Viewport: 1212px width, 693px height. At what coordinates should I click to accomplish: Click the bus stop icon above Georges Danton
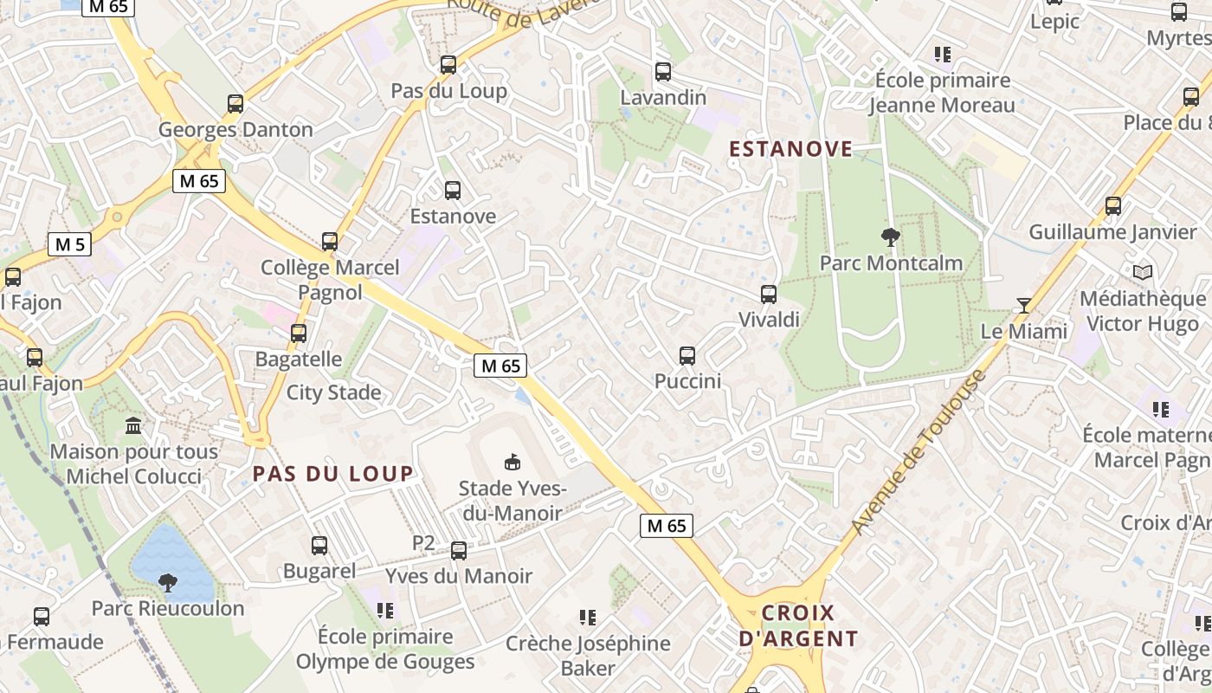pyautogui.click(x=235, y=104)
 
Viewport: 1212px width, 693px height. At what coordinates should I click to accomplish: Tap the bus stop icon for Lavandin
pyautogui.click(x=663, y=72)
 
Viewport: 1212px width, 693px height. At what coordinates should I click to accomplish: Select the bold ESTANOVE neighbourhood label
pyautogui.click(x=791, y=149)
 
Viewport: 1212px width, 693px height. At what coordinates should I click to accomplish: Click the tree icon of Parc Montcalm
pyautogui.click(x=890, y=236)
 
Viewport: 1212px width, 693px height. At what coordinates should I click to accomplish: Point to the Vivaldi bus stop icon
pyautogui.click(x=769, y=294)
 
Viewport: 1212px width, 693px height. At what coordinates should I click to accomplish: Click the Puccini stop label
pyautogui.click(x=687, y=381)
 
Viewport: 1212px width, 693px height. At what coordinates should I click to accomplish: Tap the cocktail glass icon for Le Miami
pyautogui.click(x=1024, y=305)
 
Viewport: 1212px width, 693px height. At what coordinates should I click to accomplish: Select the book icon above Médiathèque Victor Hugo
pyautogui.click(x=1143, y=272)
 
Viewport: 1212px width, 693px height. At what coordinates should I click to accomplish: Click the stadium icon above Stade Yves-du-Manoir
pyautogui.click(x=513, y=462)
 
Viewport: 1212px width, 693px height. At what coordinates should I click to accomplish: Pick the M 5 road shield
pyautogui.click(x=69, y=244)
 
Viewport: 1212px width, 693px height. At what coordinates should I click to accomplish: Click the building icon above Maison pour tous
pyautogui.click(x=134, y=425)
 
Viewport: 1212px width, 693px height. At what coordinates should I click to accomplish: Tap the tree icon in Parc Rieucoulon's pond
pyautogui.click(x=168, y=582)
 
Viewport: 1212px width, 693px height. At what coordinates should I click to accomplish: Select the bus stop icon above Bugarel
pyautogui.click(x=319, y=545)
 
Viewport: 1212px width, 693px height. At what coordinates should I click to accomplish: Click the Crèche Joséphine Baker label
pyautogui.click(x=588, y=656)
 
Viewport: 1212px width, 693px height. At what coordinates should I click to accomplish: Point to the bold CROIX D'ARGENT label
pyautogui.click(x=797, y=626)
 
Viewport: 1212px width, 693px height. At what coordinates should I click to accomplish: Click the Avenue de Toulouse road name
pyautogui.click(x=919, y=453)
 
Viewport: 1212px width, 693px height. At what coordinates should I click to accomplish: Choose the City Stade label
pyautogui.click(x=333, y=392)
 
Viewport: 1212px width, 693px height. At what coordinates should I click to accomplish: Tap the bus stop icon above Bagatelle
pyautogui.click(x=299, y=333)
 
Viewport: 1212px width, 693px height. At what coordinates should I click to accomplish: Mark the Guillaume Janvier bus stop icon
pyautogui.click(x=1113, y=206)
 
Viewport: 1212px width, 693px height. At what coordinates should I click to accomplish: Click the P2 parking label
pyautogui.click(x=423, y=543)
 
